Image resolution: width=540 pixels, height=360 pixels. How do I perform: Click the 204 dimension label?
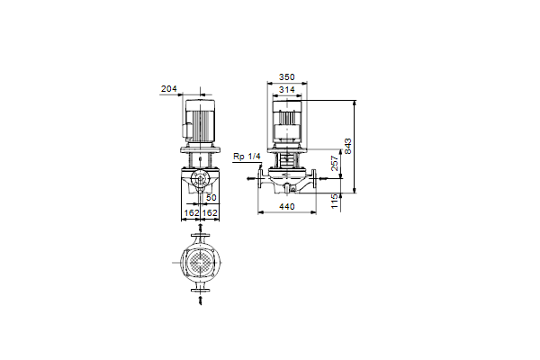click(x=169, y=89)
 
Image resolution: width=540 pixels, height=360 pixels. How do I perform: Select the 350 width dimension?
click(x=287, y=76)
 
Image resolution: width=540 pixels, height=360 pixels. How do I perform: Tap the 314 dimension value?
click(x=287, y=90)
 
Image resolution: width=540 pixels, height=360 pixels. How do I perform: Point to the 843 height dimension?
click(x=347, y=147)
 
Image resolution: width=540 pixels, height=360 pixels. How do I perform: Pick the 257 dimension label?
click(x=335, y=163)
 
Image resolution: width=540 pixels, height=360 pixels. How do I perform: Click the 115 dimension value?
click(x=335, y=202)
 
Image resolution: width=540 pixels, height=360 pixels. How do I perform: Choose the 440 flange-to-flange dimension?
click(x=287, y=206)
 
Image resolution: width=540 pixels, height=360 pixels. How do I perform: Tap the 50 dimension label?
click(x=211, y=197)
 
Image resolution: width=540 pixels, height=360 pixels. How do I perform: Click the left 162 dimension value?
click(x=192, y=213)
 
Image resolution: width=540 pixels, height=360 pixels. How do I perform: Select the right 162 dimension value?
click(x=210, y=213)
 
